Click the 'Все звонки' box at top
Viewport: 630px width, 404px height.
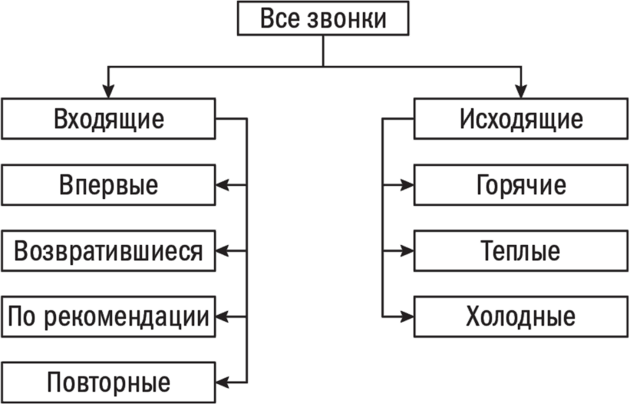pyautogui.click(x=322, y=19)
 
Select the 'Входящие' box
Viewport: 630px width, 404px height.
pyautogui.click(x=109, y=119)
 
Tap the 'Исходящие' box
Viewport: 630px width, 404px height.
pyautogui.click(x=521, y=119)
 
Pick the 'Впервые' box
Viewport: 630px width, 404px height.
pyautogui.click(x=109, y=185)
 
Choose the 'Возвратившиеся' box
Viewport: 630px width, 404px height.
pyautogui.click(x=109, y=251)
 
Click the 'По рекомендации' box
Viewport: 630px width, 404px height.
pyautogui.click(x=109, y=316)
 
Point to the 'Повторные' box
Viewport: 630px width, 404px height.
pyautogui.click(x=109, y=382)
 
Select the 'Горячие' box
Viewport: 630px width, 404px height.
pyautogui.click(x=521, y=185)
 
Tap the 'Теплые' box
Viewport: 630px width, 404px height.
pyautogui.click(x=521, y=251)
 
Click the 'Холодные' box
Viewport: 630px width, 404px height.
pyautogui.click(x=521, y=316)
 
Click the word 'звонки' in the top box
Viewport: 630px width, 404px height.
pyautogui.click(x=348, y=19)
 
